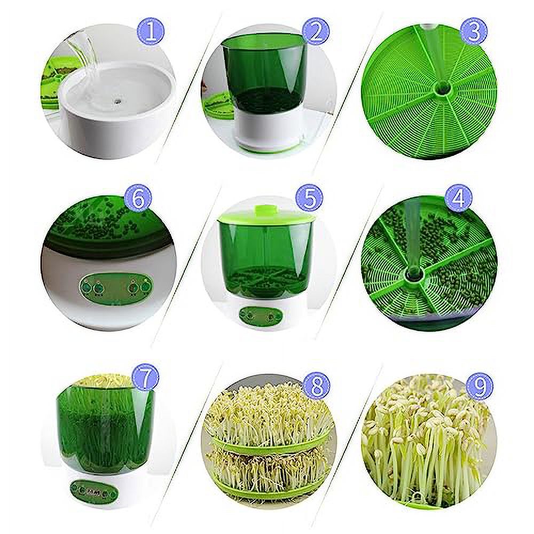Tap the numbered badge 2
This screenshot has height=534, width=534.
(x=316, y=32)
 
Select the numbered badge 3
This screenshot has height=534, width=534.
(x=473, y=33)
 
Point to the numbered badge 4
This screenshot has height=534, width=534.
(x=458, y=198)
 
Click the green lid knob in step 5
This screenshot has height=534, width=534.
(x=262, y=207)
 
